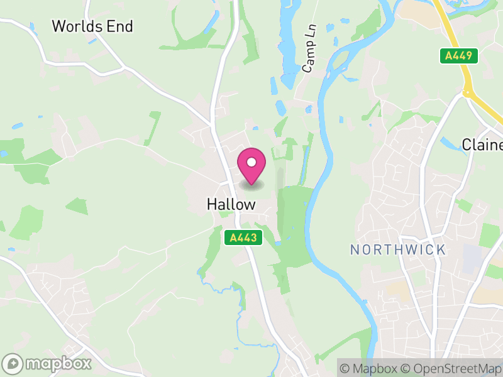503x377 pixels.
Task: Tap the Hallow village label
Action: (x=231, y=204)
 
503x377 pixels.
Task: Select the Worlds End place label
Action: (x=92, y=26)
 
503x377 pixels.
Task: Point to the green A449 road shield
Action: (x=459, y=56)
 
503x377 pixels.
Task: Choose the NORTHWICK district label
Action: (x=397, y=249)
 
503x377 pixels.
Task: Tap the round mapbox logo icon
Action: (x=13, y=363)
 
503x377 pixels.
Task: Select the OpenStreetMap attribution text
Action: (x=452, y=368)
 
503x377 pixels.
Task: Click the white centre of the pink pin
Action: (x=251, y=162)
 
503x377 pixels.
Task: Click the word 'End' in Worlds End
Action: (x=121, y=26)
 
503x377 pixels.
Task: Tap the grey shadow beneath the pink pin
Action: (x=251, y=185)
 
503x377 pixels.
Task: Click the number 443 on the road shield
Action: (x=247, y=238)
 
